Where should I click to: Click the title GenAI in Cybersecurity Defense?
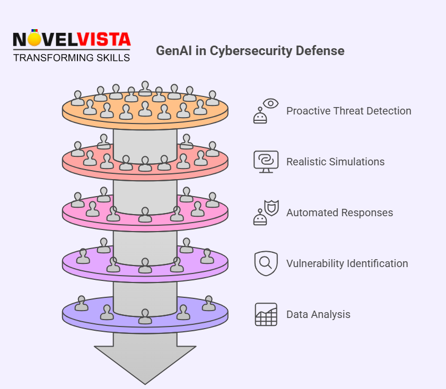250,51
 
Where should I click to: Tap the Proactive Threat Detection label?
348,111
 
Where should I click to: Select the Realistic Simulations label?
335,162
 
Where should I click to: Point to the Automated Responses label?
339,213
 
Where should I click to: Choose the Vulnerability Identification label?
347,263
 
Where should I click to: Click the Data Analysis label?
318,314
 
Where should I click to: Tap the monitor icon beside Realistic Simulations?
266,162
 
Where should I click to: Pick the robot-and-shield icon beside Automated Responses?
266,213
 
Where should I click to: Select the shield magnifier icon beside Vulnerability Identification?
266,263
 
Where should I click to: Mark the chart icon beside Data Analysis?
266,314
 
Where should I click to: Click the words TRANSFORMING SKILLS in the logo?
72,57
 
